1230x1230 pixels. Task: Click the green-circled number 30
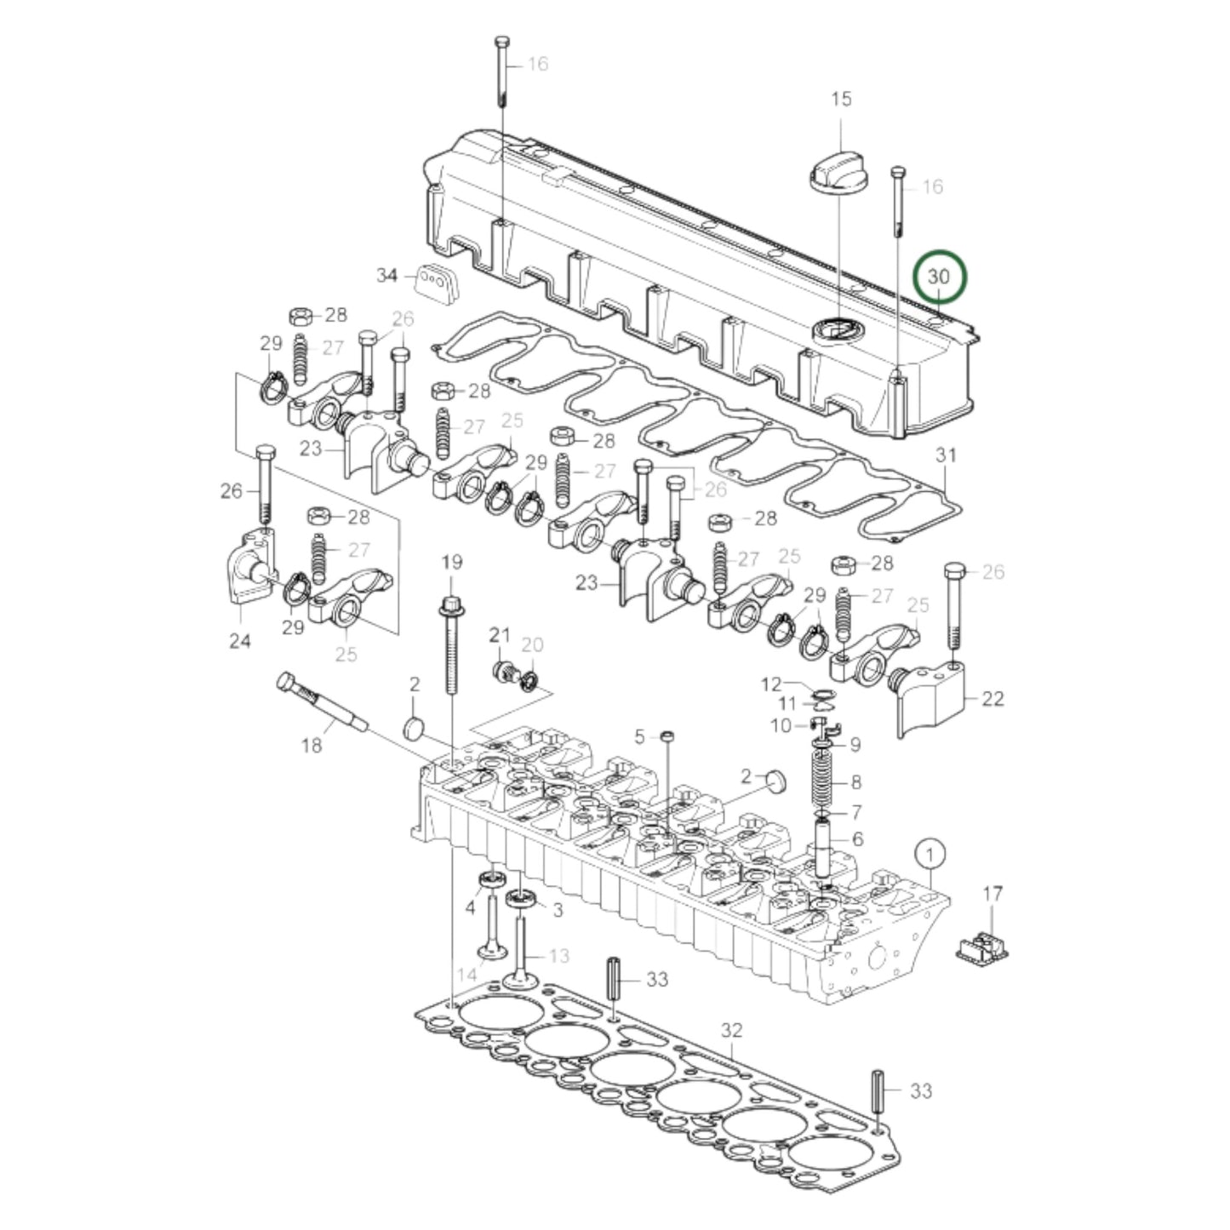(938, 277)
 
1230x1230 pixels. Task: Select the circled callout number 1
(930, 851)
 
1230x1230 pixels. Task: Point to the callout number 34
(387, 275)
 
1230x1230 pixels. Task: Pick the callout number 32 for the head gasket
(732, 1031)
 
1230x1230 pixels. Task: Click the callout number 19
(451, 562)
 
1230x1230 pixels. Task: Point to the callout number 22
(993, 699)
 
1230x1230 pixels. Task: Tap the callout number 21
(500, 635)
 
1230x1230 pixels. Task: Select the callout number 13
(558, 957)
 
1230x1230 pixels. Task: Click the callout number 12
(770, 684)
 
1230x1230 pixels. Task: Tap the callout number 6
(857, 838)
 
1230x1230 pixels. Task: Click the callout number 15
(840, 100)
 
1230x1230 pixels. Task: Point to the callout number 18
(312, 746)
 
